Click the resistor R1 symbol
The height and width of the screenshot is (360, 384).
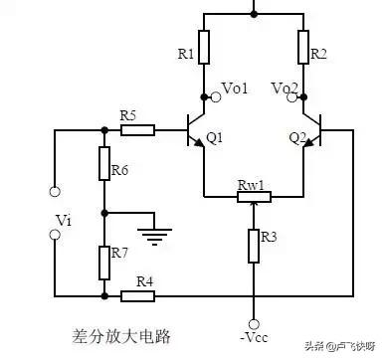point(203,47)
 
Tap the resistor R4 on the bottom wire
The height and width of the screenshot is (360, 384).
point(135,295)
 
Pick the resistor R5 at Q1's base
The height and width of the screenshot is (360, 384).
point(138,129)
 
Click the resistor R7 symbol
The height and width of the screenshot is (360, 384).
point(104,262)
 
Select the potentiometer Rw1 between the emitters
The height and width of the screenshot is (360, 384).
point(253,197)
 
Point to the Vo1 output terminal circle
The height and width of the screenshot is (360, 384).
point(204,96)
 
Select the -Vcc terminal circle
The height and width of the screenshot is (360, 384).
point(254,323)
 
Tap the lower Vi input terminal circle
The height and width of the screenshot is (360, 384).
point(55,236)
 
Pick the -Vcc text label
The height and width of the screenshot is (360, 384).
point(254,341)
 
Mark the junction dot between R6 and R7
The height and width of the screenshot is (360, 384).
point(104,212)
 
